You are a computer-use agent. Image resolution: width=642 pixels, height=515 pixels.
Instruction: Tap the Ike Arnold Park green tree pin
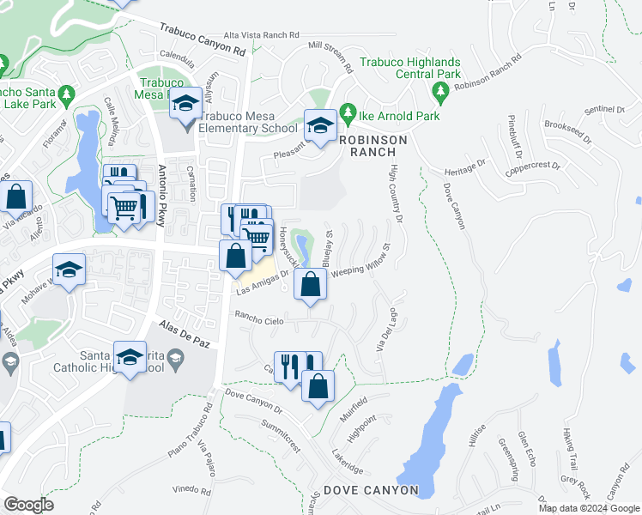(x=348, y=112)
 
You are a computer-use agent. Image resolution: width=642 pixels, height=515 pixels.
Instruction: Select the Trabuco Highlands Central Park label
(x=410, y=68)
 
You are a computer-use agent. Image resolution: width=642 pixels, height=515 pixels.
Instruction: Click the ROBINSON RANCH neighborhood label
(x=372, y=144)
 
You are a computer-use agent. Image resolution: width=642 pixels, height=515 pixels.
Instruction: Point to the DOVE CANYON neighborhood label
(x=371, y=490)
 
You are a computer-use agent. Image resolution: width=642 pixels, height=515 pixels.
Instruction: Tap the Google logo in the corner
(x=28, y=505)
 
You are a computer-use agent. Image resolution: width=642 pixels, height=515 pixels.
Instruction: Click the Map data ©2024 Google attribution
(x=589, y=508)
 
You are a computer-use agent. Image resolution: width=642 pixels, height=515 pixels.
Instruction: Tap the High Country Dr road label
(x=396, y=194)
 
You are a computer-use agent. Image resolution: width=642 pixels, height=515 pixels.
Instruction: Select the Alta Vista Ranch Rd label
(x=261, y=35)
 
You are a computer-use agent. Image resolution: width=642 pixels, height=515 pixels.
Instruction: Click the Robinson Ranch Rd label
(x=489, y=74)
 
